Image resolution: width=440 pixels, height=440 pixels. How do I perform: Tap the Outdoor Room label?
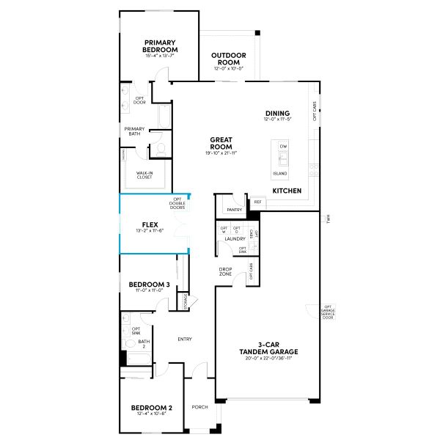point(228,59)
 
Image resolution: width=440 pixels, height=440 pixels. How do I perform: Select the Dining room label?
point(278,114)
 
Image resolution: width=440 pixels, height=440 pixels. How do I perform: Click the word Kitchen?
point(287,191)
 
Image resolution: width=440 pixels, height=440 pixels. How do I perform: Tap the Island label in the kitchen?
point(279,174)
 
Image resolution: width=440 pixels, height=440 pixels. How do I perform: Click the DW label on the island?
point(282,147)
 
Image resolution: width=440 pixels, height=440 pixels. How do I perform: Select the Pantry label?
point(235,210)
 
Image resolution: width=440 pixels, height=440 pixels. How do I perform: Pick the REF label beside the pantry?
point(257,202)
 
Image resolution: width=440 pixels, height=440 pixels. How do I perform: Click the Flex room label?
point(149,225)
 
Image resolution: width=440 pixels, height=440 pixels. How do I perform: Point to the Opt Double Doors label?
point(177,203)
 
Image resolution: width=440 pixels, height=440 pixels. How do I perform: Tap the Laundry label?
point(235,238)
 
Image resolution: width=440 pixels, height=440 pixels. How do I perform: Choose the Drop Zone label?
point(225,271)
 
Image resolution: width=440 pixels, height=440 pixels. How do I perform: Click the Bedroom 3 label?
point(149,285)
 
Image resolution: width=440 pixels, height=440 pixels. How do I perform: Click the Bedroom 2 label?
point(151,408)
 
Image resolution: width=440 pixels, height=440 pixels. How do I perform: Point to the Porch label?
point(199,408)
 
